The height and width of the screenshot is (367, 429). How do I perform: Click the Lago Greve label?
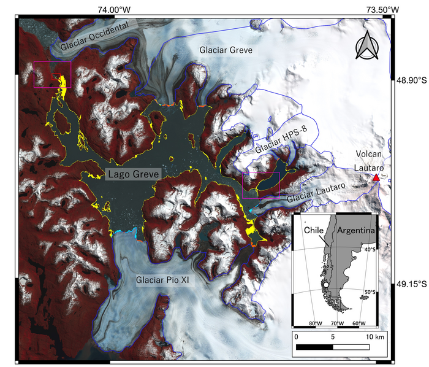click(133, 175)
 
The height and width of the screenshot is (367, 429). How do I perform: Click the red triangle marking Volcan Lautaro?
click(376, 178)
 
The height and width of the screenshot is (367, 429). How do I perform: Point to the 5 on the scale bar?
click(333, 337)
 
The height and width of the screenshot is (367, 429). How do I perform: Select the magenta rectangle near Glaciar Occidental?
click(52, 74)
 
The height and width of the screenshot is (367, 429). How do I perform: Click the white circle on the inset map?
click(327, 285)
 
